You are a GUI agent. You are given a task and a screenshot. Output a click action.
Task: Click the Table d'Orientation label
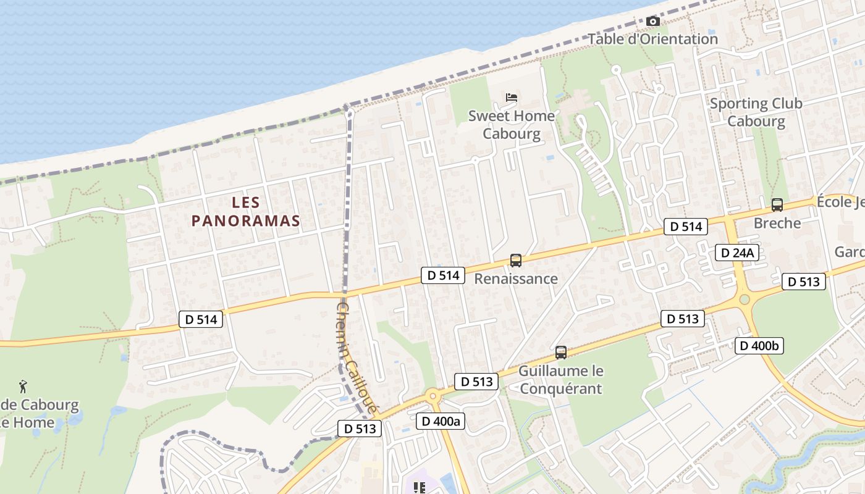pyautogui.click(x=652, y=39)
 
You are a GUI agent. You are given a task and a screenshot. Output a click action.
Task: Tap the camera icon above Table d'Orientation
pyautogui.click(x=652, y=22)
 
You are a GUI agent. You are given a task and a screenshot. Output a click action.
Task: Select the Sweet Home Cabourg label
pyautogui.click(x=512, y=125)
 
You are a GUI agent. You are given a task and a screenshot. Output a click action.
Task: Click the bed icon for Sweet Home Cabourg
pyautogui.click(x=512, y=98)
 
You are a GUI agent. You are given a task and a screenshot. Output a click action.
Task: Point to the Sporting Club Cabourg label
pyautogui.click(x=756, y=112)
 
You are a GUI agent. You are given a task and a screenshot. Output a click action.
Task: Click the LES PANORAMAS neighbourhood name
pyautogui.click(x=245, y=211)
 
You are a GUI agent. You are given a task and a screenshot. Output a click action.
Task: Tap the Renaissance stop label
pyautogui.click(x=516, y=278)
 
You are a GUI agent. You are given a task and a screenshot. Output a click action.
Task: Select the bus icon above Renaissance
pyautogui.click(x=516, y=261)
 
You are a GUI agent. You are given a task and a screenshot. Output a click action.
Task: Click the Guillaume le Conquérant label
pyautogui.click(x=560, y=380)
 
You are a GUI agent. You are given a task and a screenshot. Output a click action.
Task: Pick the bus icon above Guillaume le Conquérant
pyautogui.click(x=561, y=353)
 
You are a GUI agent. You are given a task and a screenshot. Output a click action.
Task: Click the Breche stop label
pyautogui.click(x=777, y=223)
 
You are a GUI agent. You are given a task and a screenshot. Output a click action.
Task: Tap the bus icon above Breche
pyautogui.click(x=777, y=205)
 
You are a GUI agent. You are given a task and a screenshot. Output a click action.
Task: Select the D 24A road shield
pyautogui.click(x=737, y=253)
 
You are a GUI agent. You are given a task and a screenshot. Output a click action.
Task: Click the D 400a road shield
pyautogui.click(x=441, y=421)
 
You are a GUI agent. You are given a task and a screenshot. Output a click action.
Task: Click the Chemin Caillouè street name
pyautogui.click(x=357, y=358)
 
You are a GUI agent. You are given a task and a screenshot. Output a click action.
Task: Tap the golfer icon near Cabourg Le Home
pyautogui.click(x=23, y=387)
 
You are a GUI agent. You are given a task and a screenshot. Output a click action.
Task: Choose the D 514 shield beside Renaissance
pyautogui.click(x=443, y=275)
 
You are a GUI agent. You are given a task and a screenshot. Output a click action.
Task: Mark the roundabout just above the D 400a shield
pyautogui.click(x=432, y=395)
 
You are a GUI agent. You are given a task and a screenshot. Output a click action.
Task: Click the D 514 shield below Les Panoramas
pyautogui.click(x=201, y=319)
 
